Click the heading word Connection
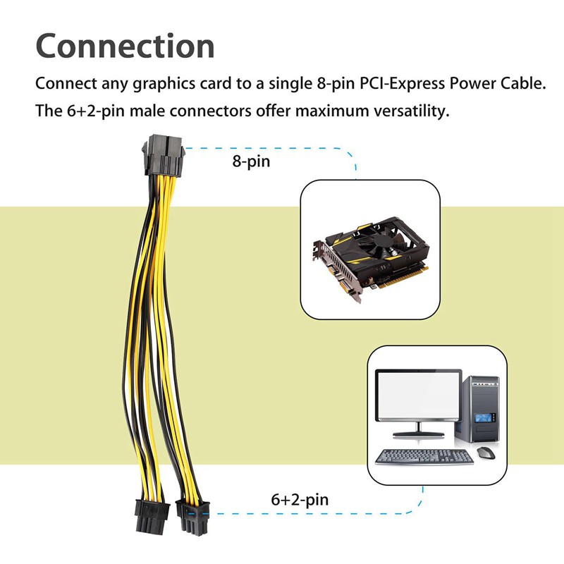pos(125,46)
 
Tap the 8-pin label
pos(251,161)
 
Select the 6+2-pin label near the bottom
pos(300,500)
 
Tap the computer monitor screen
pos(418,395)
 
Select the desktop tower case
pos(477,410)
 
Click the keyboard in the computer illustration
pos(424,457)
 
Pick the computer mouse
pos(486,453)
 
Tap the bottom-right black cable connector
pos(192,517)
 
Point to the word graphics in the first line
pos(164,84)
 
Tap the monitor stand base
pos(418,434)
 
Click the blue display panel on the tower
pos(483,418)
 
